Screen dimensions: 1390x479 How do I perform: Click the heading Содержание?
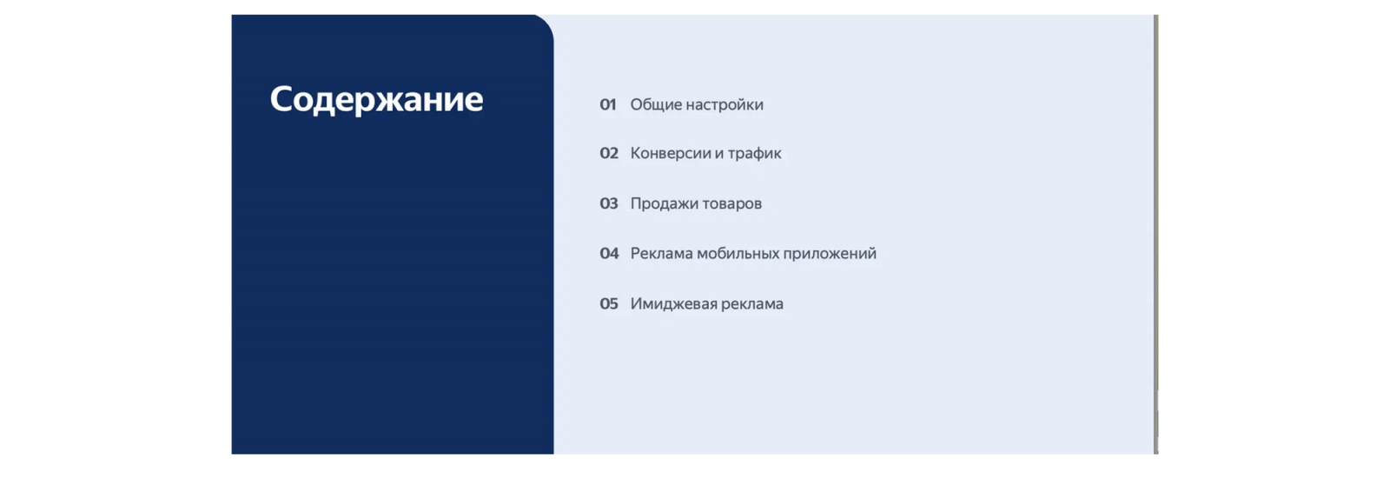[x=376, y=100]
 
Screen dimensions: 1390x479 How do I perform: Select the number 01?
[x=607, y=105]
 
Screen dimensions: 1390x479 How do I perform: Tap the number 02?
[x=609, y=154]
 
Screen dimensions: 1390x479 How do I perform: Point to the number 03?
[x=609, y=203]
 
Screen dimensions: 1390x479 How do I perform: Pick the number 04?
[x=609, y=254]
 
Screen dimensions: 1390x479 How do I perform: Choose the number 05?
[x=609, y=303]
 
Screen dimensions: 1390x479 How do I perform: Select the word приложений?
[x=830, y=254]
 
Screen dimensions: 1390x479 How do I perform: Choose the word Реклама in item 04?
[x=661, y=254]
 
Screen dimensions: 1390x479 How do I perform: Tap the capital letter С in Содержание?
[x=282, y=99]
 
